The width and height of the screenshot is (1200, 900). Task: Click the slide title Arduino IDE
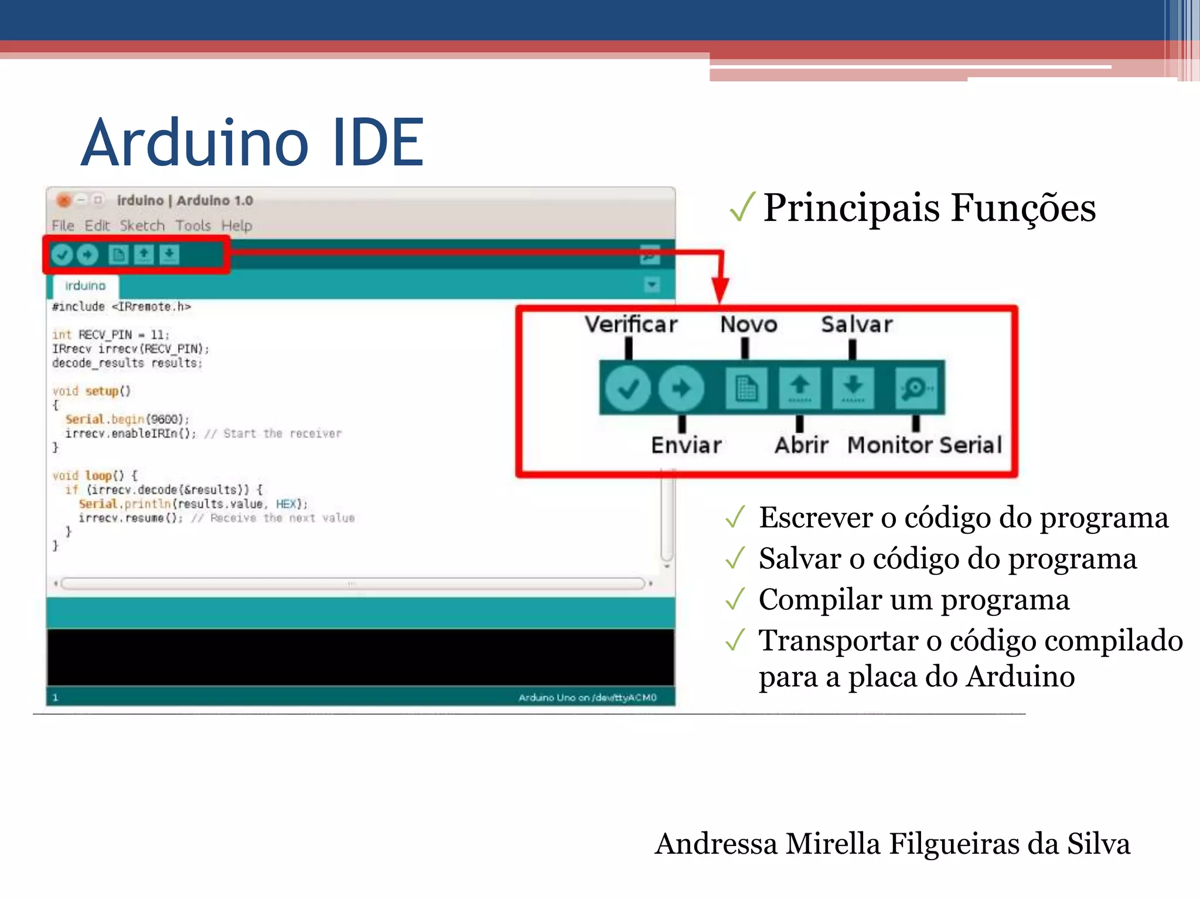click(252, 142)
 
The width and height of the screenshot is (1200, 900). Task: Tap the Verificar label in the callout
click(631, 324)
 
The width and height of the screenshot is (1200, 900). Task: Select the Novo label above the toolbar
click(748, 324)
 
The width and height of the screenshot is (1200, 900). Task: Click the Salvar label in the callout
click(857, 324)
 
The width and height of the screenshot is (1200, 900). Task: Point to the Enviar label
click(686, 445)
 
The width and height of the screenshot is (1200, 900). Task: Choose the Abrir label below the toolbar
click(801, 445)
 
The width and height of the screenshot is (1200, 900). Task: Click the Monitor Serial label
click(925, 445)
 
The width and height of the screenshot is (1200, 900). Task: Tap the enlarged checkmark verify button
click(628, 388)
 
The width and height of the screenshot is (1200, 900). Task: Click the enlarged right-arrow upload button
click(681, 388)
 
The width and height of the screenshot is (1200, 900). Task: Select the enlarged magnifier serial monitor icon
click(915, 388)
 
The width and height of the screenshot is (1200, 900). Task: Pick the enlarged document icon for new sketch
click(746, 388)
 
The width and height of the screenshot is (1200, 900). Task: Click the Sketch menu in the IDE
click(142, 226)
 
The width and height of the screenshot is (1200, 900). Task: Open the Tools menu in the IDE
click(193, 226)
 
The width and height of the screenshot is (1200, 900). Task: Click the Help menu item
click(237, 226)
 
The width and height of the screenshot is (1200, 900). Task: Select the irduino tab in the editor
click(86, 286)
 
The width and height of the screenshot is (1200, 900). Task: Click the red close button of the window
click(64, 200)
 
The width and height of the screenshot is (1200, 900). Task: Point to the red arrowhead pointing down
click(721, 290)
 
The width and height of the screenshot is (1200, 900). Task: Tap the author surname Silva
click(1098, 844)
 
